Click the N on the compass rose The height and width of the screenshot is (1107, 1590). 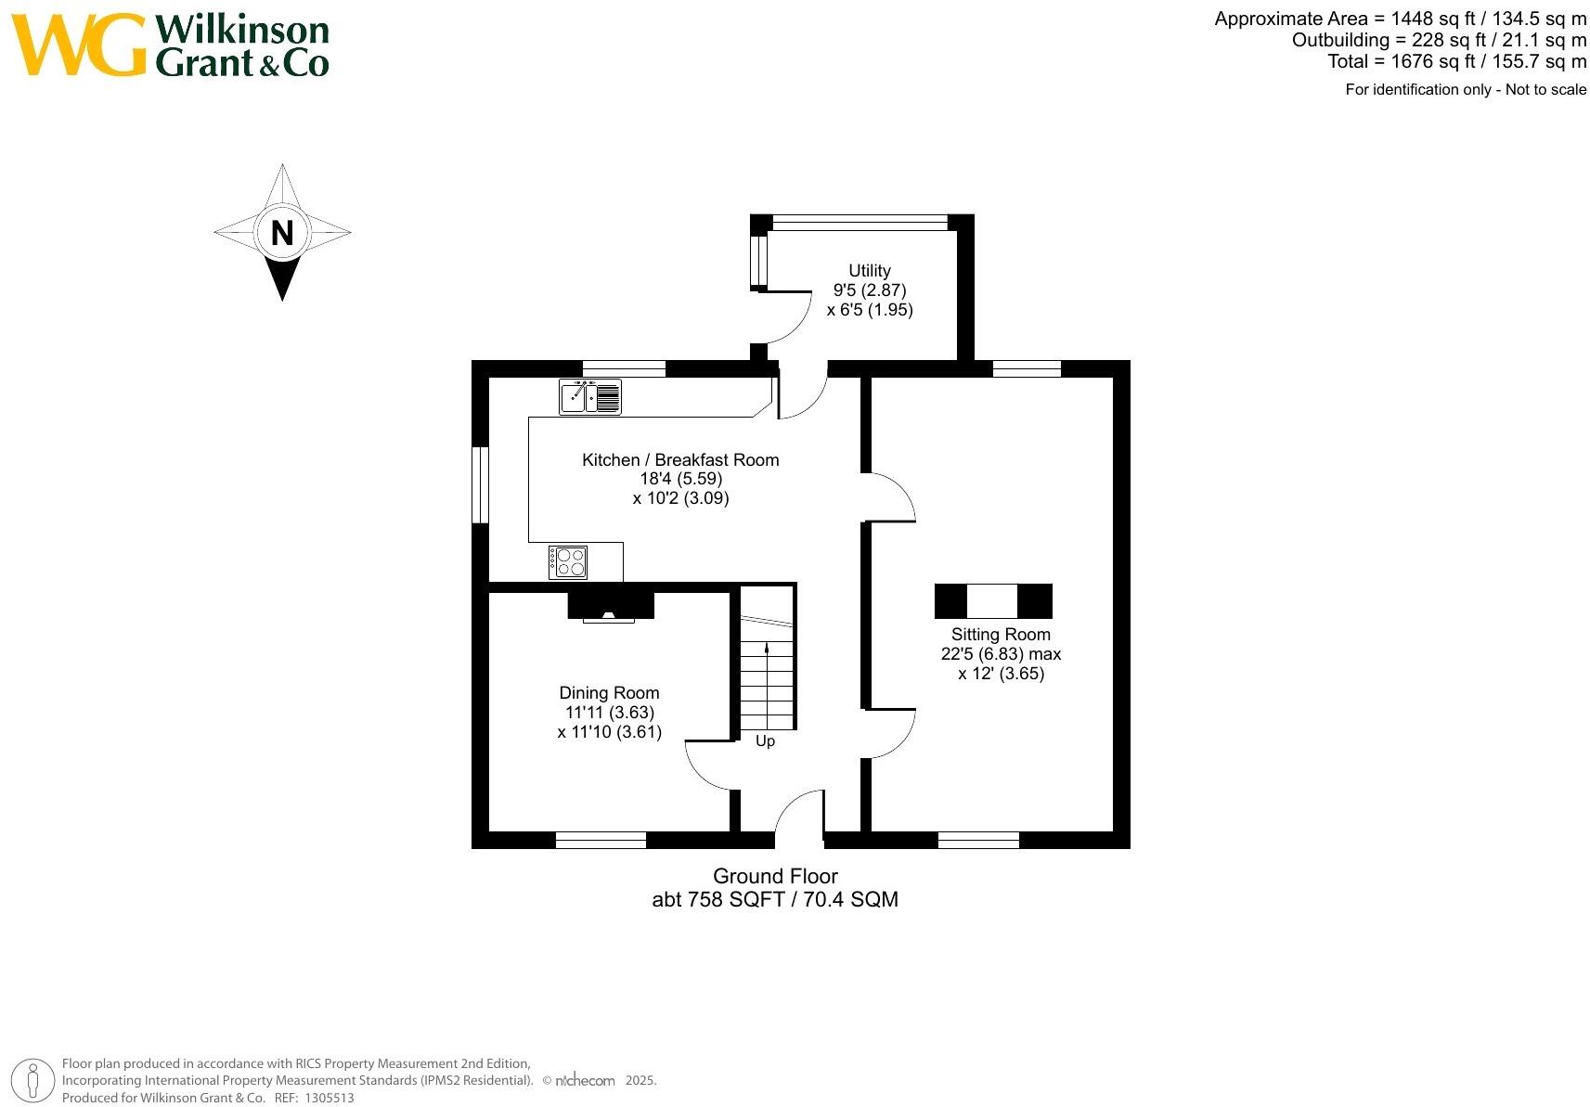pos(282,232)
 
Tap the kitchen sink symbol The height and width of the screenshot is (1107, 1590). pos(589,397)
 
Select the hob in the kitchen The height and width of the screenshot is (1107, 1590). pos(568,562)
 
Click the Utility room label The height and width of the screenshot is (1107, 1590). pos(869,270)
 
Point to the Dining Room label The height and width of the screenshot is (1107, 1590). pos(609,692)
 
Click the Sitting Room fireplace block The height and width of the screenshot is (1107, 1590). pos(992,601)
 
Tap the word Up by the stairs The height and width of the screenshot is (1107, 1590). pos(765,740)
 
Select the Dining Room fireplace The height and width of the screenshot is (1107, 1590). pos(610,606)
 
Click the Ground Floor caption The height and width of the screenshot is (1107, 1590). pos(775,876)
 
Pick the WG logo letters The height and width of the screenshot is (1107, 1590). pos(79,45)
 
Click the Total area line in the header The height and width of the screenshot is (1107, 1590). pos(1456,61)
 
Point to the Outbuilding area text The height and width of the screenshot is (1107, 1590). pos(1439,40)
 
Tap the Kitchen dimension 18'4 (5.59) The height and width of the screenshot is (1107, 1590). pos(680,479)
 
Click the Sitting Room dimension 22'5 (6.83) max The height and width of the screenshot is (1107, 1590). pos(1001,653)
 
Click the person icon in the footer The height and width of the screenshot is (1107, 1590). pos(34,1081)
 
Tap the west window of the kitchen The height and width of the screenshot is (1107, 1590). pos(480,485)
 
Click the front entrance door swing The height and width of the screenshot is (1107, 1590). pos(799,814)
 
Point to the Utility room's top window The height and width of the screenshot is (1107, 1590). pos(860,223)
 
